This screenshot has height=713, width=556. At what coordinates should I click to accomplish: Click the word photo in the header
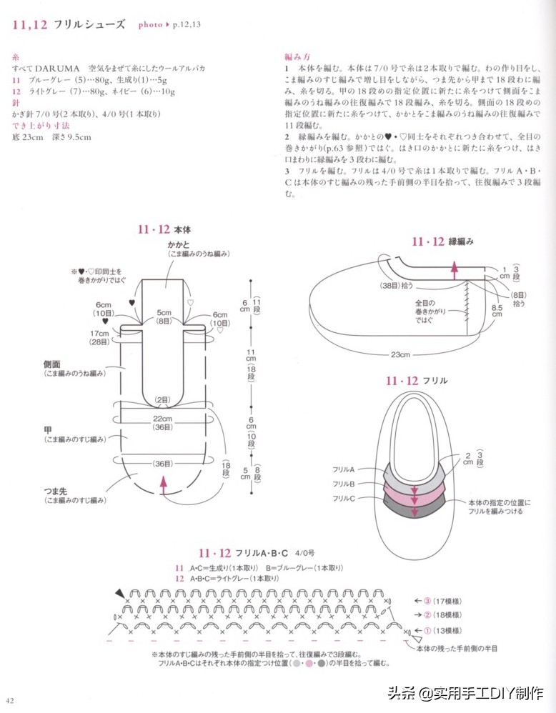click(150, 24)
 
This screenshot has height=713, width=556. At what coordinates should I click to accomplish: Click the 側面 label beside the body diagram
click(54, 364)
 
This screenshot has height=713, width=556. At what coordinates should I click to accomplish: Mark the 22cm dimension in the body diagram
click(163, 418)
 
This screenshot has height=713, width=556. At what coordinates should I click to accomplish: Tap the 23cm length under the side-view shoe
click(399, 355)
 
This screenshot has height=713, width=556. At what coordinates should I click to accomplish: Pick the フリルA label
click(344, 469)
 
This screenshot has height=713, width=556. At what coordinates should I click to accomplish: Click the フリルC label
click(344, 498)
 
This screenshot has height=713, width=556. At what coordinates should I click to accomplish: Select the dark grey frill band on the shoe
click(414, 504)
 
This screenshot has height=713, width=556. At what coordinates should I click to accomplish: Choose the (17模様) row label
click(447, 601)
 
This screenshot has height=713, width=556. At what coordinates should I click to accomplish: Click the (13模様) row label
click(447, 631)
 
